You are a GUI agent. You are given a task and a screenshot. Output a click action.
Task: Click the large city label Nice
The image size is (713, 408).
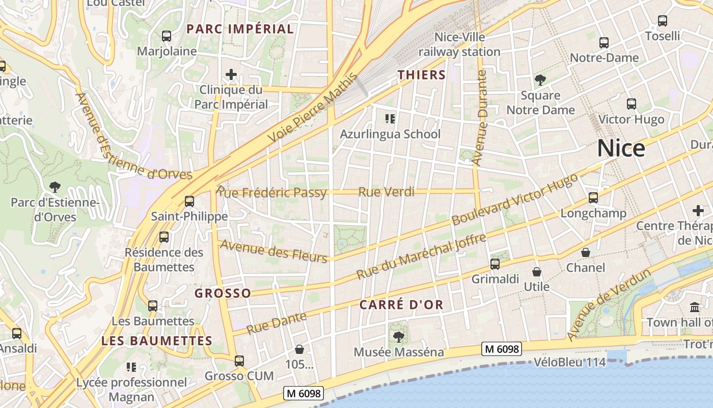621,148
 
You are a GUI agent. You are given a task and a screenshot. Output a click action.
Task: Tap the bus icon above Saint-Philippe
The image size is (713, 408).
189,201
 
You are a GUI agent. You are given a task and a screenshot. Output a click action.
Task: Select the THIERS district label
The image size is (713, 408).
422,75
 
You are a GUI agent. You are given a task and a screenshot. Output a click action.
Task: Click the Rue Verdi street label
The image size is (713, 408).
386,192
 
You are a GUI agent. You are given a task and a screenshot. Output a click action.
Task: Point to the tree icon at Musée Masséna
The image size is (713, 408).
398,337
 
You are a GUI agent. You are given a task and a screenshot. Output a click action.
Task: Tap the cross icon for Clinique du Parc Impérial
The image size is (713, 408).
231,75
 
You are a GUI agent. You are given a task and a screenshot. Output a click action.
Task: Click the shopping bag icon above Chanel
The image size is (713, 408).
586,252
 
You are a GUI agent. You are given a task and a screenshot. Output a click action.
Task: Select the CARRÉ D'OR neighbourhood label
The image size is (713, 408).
401,305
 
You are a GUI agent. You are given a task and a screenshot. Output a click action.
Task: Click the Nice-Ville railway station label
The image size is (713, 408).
459,44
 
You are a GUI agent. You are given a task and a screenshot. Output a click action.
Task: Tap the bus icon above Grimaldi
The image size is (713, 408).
495,264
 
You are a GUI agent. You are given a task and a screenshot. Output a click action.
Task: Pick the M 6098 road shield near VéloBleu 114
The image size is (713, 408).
502,349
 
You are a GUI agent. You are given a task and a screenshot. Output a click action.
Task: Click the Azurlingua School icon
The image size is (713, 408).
390,119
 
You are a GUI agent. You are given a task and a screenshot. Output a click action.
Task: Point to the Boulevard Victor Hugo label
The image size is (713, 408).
515,199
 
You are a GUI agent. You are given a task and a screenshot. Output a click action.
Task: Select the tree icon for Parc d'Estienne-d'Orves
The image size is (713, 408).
54,187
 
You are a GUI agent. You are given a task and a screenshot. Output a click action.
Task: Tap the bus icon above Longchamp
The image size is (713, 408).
593,198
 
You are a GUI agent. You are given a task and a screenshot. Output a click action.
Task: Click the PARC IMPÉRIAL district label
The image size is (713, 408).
240,29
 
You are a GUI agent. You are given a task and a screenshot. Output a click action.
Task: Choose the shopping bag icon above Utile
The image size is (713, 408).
536,272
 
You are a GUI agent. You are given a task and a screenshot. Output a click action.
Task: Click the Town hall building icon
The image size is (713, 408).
695,307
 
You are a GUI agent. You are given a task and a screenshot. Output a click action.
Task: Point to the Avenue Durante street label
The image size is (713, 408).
480,118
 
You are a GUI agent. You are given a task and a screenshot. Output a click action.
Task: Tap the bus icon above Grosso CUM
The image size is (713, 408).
239,361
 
